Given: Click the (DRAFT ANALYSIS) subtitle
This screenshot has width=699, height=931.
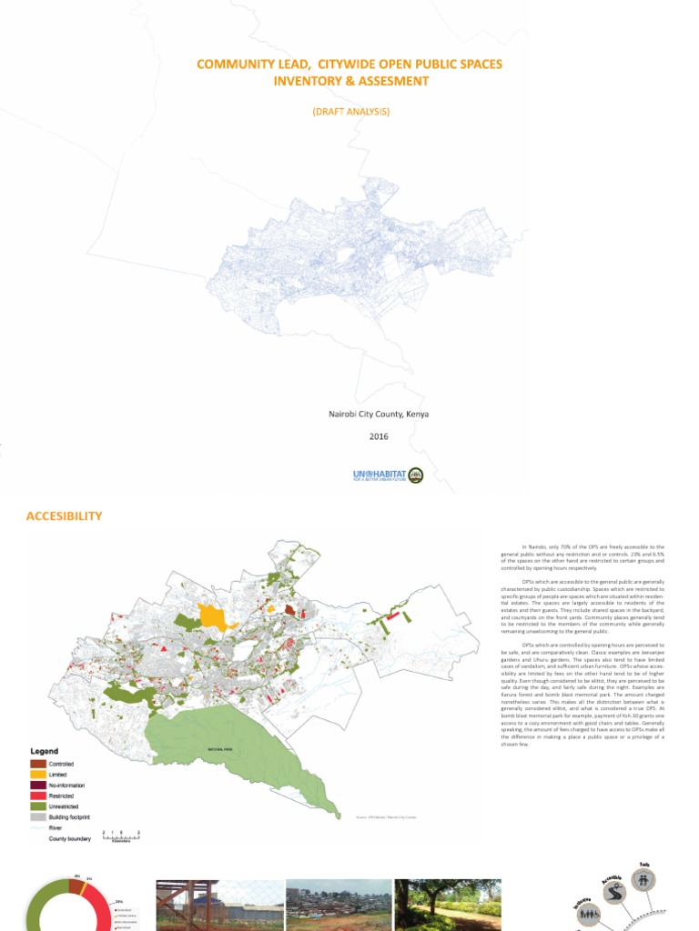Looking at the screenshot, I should (x=350, y=111).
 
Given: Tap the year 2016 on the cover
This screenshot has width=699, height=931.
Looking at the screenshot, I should (x=379, y=436).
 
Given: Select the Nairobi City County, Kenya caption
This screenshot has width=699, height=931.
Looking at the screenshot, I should (x=378, y=415).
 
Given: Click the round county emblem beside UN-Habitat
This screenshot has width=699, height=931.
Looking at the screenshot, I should (x=416, y=475).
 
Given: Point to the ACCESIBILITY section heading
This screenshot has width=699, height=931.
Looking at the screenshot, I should (x=64, y=516).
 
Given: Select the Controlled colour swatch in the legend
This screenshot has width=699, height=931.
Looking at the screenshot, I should (x=38, y=764).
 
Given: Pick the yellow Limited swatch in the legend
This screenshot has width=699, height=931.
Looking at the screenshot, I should (x=38, y=775).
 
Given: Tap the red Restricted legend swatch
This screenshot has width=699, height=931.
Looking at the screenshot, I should (x=38, y=796).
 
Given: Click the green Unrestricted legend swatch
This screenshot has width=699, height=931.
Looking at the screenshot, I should (x=38, y=807).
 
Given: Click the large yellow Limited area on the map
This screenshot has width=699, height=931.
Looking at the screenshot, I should (x=213, y=616).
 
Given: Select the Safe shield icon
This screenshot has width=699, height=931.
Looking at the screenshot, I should (x=645, y=880).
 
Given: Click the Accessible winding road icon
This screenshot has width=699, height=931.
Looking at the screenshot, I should (x=613, y=895).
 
